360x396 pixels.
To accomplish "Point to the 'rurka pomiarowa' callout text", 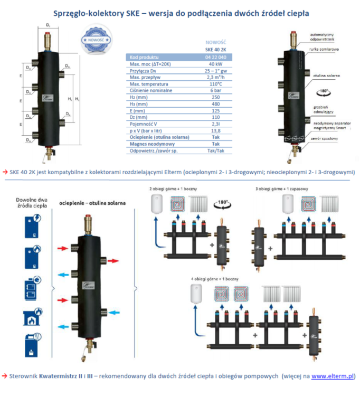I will (x=323, y=48).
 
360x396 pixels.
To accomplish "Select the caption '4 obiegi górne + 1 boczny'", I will (x=208, y=278).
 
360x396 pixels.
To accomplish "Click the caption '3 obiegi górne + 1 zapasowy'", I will (x=279, y=188).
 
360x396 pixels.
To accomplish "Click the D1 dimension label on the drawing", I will (x=48, y=25).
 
